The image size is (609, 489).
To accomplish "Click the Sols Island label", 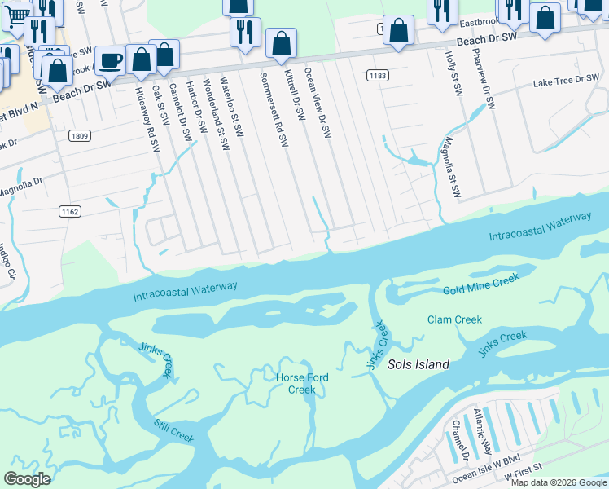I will point(418,364).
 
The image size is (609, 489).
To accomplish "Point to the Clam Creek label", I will point(454,319).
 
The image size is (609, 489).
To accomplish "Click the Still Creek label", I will point(174,431).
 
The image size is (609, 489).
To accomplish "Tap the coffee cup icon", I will point(110,60).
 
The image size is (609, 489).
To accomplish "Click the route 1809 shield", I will point(79,135).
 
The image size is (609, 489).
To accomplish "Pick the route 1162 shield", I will point(69,211).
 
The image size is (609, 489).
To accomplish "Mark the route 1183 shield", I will point(377,76).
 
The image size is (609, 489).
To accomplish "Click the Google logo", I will point(28,478).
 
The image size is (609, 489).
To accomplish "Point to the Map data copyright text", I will point(559,482).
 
